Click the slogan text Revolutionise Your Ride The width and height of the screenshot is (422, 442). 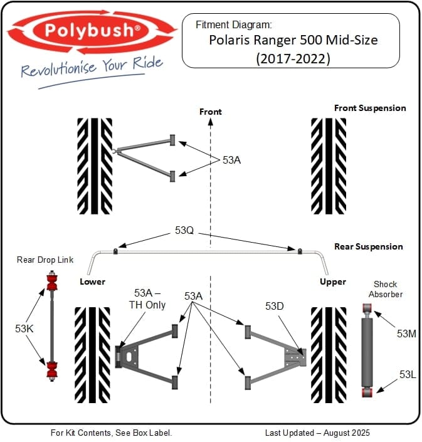tap(92, 68)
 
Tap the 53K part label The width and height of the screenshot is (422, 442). tap(24, 327)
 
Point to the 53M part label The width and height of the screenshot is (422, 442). tap(406, 334)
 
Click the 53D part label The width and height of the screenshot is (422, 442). tap(275, 306)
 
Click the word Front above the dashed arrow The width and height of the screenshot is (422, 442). tap(210, 112)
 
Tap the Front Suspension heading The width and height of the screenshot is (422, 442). tap(369, 108)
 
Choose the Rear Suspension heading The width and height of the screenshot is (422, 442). tap(368, 246)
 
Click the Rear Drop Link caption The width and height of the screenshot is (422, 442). tap(45, 260)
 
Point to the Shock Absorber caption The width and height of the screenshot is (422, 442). tap(386, 289)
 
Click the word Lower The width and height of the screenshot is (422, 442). tap(92, 282)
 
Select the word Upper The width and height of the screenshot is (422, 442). tap(332, 282)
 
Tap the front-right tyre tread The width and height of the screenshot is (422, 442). tap(329, 166)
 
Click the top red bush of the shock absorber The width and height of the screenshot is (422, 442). tap(369, 308)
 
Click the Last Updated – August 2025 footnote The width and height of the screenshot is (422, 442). tap(317, 433)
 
